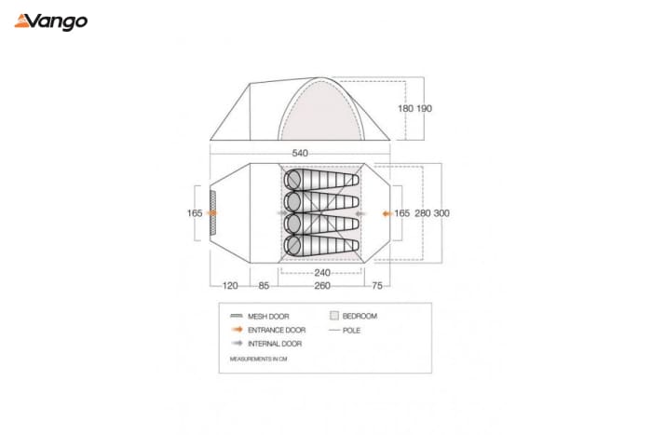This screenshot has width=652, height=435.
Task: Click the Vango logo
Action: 50,22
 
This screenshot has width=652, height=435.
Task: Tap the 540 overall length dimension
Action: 300,153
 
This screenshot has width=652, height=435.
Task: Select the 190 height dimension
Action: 424,109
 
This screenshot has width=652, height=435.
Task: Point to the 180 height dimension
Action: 405,109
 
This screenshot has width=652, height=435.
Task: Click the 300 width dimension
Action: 441,213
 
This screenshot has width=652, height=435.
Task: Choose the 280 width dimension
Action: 423,213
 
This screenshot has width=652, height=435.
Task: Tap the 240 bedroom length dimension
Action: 322,273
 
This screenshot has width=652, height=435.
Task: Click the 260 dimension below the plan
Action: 322,286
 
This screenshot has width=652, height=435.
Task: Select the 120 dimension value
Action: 230,286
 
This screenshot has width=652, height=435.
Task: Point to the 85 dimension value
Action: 264,286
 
